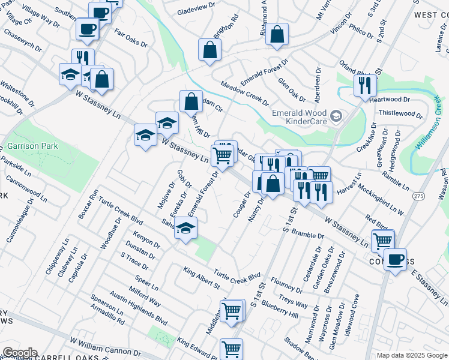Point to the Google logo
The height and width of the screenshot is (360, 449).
(x=20, y=353)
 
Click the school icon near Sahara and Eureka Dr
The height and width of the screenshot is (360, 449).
(x=186, y=229)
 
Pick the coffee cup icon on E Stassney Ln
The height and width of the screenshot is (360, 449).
(x=395, y=260)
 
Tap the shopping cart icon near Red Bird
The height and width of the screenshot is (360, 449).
(x=382, y=241)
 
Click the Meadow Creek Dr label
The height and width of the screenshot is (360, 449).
(x=244, y=92)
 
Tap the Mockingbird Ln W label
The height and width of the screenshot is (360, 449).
(x=381, y=199)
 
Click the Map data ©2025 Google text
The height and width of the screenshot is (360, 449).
(x=411, y=355)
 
